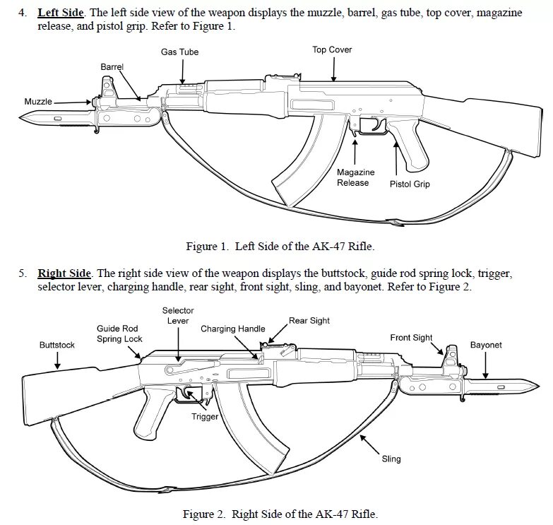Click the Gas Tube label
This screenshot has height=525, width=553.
click(179, 52)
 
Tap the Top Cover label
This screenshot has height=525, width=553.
click(332, 49)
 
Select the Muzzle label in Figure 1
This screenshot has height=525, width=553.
click(38, 102)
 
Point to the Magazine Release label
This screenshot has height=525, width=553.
click(355, 177)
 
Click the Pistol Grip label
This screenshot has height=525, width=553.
click(410, 184)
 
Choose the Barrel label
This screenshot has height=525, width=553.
click(112, 66)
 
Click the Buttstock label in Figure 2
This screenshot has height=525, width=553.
click(57, 345)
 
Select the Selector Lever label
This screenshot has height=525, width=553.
click(178, 315)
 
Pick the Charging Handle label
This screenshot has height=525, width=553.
click(233, 329)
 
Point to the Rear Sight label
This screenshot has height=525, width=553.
click(309, 320)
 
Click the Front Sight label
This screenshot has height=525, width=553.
click(411, 338)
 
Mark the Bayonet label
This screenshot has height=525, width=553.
click(486, 345)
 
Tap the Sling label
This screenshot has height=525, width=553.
click(391, 459)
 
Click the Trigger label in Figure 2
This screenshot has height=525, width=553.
click(206, 416)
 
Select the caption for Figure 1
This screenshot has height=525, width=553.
click(279, 247)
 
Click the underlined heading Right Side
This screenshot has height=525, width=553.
click(64, 273)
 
